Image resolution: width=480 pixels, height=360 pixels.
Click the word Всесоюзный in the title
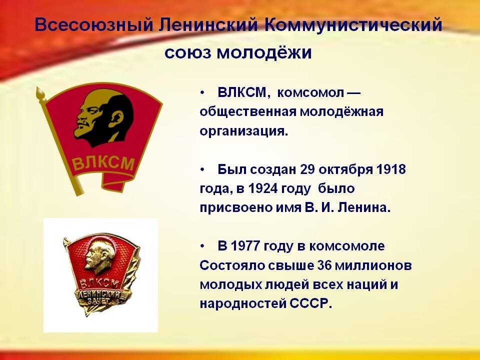point(93,24)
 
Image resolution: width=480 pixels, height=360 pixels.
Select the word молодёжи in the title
point(264,52)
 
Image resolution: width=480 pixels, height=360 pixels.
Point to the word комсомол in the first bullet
point(310,92)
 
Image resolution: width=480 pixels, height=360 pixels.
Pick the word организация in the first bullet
point(244,131)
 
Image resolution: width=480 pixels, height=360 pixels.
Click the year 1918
point(391,169)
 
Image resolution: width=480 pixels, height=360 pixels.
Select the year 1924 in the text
point(262,188)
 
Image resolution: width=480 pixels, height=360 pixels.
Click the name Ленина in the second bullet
point(364,207)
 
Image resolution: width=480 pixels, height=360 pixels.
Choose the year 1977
point(245,246)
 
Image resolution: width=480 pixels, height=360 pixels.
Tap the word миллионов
point(373,265)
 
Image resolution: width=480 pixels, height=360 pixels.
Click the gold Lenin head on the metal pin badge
point(99,256)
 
